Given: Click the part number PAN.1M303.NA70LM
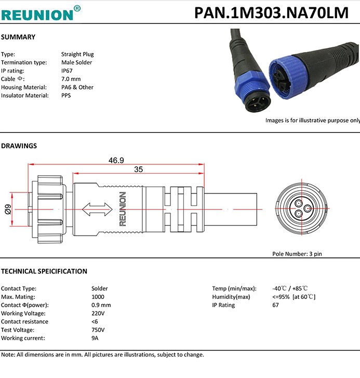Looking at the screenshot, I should click(x=271, y=12).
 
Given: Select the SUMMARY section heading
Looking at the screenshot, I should click(x=18, y=37).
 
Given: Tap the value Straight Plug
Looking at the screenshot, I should click(x=77, y=54).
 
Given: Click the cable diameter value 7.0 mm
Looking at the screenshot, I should click(x=71, y=79).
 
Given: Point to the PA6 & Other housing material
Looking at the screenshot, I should click(x=77, y=87).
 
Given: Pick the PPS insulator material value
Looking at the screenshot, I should click(x=66, y=96).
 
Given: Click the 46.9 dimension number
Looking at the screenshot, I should click(x=116, y=160).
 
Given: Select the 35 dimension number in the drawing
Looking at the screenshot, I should click(x=138, y=170).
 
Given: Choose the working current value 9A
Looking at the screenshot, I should click(x=95, y=338).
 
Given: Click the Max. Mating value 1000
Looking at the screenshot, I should click(x=98, y=297).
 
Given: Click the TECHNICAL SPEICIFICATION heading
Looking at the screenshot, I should click(x=44, y=271).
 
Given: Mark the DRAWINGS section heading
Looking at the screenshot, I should click(x=19, y=146).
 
